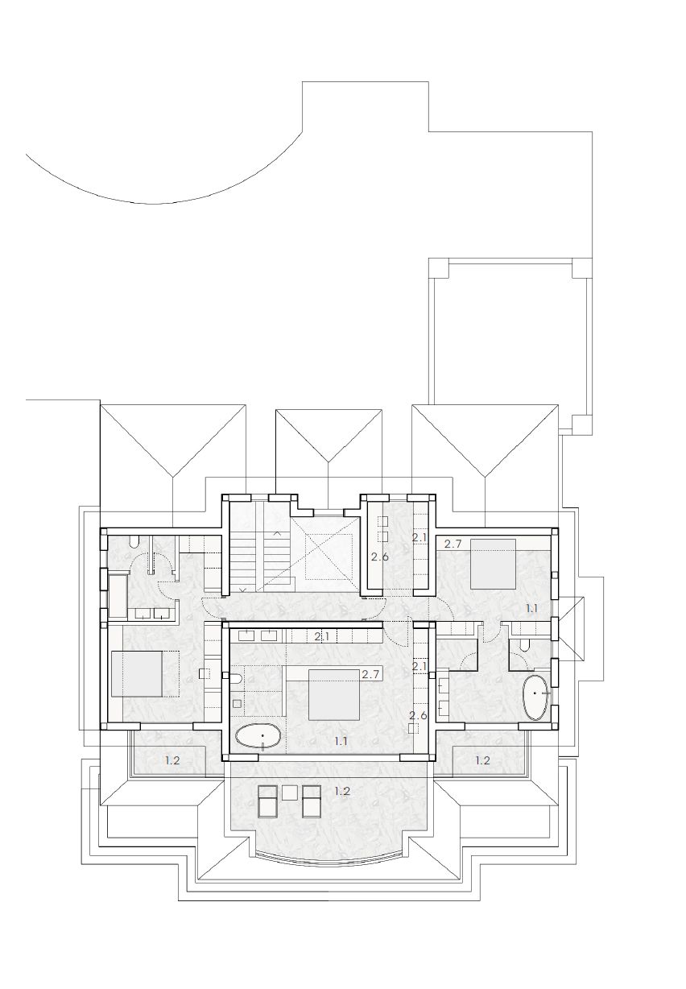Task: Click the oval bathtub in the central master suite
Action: point(257,735)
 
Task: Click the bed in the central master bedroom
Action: point(334,694)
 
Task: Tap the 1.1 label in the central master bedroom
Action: point(340,741)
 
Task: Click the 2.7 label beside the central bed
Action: point(370,674)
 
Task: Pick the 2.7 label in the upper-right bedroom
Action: point(453,544)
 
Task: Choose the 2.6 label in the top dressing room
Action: point(380,557)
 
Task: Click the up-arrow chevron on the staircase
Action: point(277,534)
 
